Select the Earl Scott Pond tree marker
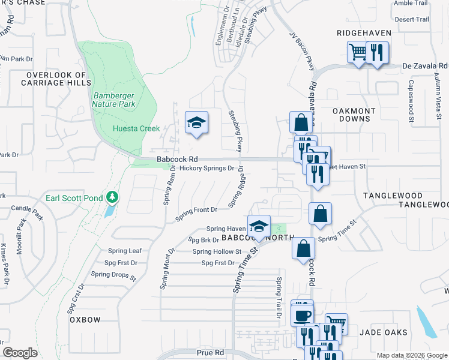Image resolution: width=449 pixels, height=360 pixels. (111, 197)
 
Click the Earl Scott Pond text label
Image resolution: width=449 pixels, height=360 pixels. (74, 197)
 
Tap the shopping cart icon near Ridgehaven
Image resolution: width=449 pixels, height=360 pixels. (358, 52)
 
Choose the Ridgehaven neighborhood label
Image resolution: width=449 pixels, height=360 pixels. (364, 33)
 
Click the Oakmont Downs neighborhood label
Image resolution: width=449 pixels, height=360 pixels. (354, 115)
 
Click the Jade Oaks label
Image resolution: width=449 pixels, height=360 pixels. (384, 332)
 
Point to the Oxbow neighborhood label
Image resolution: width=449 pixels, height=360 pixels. (85, 320)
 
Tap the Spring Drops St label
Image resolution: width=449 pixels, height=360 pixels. (114, 274)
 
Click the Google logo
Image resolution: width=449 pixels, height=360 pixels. (20, 353)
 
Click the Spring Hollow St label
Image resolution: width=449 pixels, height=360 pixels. (217, 252)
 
